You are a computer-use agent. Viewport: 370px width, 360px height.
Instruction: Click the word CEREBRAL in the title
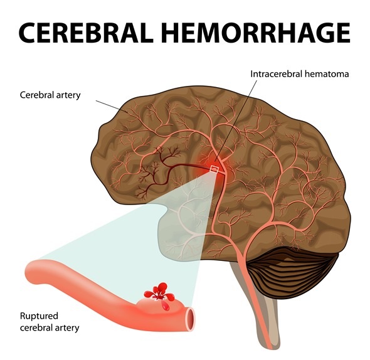[85, 33]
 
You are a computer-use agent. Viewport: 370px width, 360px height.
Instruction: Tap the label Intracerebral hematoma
[299, 74]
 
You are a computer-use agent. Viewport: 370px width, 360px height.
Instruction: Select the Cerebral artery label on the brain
[50, 95]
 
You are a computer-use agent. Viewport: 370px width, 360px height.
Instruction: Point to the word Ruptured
[39, 316]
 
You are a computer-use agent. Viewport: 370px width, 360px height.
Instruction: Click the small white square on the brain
[214, 169]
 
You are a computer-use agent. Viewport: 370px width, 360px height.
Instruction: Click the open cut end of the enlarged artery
[191, 319]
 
